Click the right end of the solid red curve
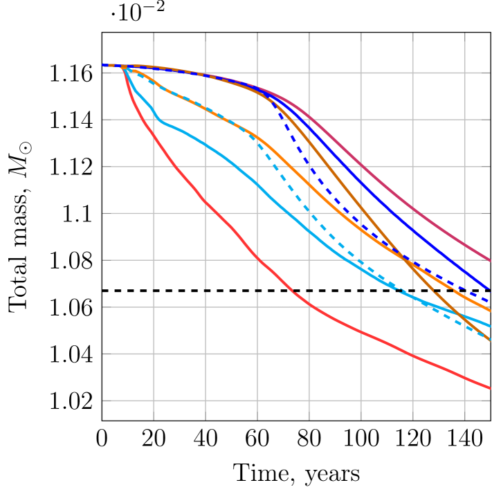[490, 388]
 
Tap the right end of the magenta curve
[490, 261]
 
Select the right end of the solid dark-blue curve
[490, 289]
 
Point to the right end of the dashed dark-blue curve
[490, 302]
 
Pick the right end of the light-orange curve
[490, 311]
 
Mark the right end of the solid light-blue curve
[490, 326]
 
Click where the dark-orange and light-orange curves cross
[404, 259]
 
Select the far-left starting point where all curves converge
[103, 65]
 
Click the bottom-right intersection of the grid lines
[464, 401]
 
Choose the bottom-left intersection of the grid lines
[154, 401]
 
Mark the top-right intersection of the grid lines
[464, 73]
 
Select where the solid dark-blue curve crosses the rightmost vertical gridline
[464, 270]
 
